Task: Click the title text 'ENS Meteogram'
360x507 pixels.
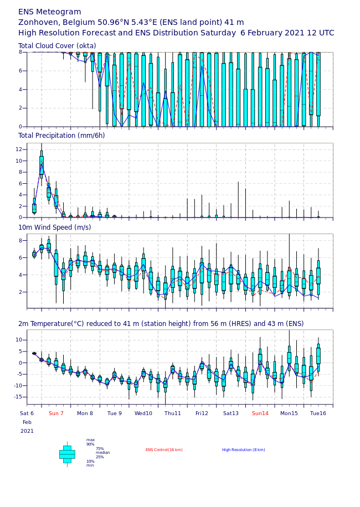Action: tap(49, 12)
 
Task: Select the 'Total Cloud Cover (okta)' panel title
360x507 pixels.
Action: tap(57, 46)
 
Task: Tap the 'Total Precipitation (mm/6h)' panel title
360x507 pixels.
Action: tap(61, 136)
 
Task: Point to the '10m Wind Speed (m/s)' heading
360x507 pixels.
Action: tap(55, 227)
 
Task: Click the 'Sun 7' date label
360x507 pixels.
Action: tap(56, 413)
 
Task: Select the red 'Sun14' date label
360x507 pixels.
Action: tap(260, 413)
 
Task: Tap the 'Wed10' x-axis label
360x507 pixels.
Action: tap(143, 413)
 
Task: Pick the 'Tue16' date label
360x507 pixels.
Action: tap(318, 413)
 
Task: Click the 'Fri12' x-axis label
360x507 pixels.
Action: tap(202, 413)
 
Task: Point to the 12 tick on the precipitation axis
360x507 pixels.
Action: tap(19, 149)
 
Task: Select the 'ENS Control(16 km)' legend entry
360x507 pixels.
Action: tap(164, 450)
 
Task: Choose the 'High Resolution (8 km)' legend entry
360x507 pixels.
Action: tap(243, 450)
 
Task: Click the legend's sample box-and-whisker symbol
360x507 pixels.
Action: tap(67, 454)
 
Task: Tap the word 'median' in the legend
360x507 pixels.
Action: tap(102, 453)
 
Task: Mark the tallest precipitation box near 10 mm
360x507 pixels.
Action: tap(42, 166)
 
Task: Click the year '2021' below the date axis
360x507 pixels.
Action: tap(27, 431)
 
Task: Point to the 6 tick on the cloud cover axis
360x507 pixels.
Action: tap(20, 71)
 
